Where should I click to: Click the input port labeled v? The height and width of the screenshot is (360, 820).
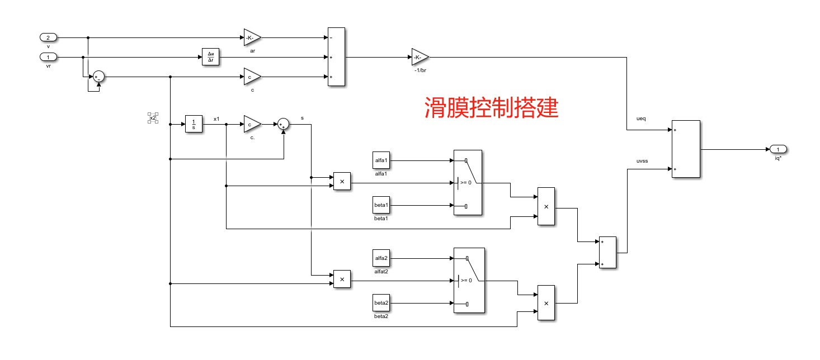click(x=48, y=37)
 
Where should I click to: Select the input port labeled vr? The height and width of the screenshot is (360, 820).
click(x=48, y=57)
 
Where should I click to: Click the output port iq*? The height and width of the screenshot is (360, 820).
click(x=778, y=149)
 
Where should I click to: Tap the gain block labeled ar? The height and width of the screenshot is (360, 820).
click(x=252, y=37)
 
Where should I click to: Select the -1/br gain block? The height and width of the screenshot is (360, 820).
click(x=420, y=57)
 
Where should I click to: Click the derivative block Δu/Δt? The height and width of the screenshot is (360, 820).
click(x=210, y=56)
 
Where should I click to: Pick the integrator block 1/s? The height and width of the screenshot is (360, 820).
click(x=194, y=125)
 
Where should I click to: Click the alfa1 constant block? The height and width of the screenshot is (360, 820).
click(x=381, y=160)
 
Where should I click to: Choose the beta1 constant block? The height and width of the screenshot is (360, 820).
click(x=381, y=205)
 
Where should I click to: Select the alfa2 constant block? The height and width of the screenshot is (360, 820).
click(x=381, y=258)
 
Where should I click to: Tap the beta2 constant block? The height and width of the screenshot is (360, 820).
click(x=381, y=303)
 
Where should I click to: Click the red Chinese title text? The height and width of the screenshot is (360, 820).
click(x=491, y=107)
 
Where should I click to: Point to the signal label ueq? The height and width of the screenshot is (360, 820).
click(x=641, y=119)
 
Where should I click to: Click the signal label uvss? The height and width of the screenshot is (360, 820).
click(x=642, y=161)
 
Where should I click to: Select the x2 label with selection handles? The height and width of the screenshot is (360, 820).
click(x=153, y=118)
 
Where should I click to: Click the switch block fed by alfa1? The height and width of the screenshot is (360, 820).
click(x=468, y=183)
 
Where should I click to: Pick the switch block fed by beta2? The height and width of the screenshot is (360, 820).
click(x=469, y=281)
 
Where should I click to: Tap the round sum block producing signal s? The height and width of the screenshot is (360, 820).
click(x=284, y=124)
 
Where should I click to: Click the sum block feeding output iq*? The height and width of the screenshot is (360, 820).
click(x=686, y=149)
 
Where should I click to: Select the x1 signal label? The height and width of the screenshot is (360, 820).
click(x=216, y=119)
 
